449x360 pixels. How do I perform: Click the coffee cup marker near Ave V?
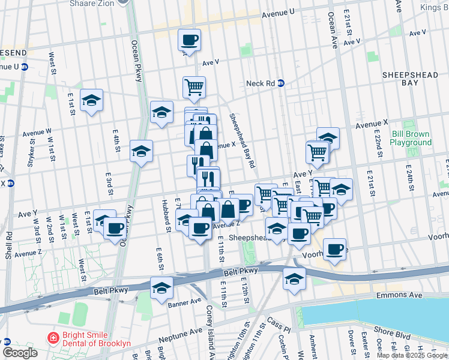[189, 41]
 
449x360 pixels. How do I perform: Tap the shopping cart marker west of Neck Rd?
[194, 88]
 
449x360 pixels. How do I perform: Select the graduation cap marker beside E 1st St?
[91, 101]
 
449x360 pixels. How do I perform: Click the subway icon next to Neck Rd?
[280, 83]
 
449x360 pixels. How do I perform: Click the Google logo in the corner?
[20, 353]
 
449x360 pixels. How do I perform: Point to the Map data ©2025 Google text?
[412, 355]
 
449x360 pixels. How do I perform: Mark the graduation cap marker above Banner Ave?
[161, 287]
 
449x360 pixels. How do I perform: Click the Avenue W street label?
[37, 131]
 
